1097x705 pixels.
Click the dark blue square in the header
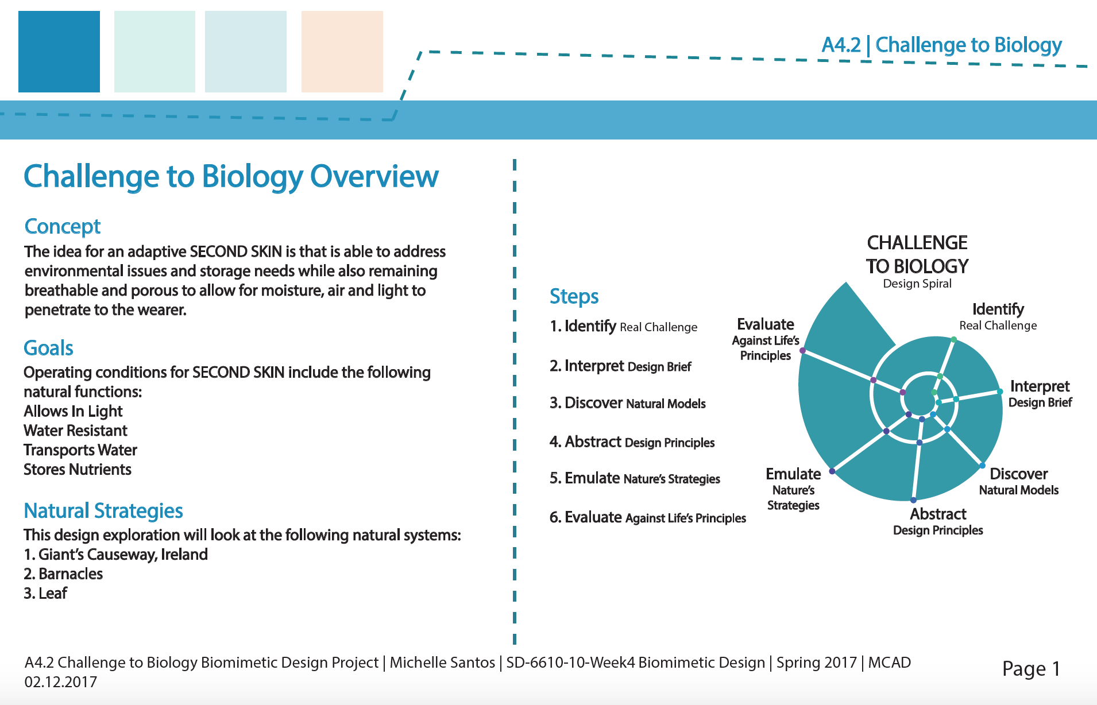click(59, 52)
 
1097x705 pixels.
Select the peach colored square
click(342, 52)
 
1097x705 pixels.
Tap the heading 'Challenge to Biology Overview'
click(231, 177)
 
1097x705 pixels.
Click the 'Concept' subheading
click(63, 227)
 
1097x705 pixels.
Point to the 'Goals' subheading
click(49, 348)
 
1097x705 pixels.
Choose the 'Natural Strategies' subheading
click(103, 510)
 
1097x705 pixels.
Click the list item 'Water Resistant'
click(76, 431)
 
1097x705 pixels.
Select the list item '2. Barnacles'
click(63, 574)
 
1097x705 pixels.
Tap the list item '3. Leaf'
click(45, 594)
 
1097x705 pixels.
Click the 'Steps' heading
click(574, 297)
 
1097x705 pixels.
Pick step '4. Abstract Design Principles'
click(632, 442)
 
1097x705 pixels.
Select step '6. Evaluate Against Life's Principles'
click(648, 517)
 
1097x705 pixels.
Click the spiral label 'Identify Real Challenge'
click(998, 317)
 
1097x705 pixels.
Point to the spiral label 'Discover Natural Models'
click(1019, 482)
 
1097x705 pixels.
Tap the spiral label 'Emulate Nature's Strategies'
click(793, 489)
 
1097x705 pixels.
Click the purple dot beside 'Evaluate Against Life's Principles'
click(802, 350)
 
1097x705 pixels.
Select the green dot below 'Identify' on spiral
click(953, 340)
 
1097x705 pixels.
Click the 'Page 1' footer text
click(1031, 669)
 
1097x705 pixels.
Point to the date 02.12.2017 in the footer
click(61, 682)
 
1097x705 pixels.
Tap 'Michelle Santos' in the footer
click(442, 663)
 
